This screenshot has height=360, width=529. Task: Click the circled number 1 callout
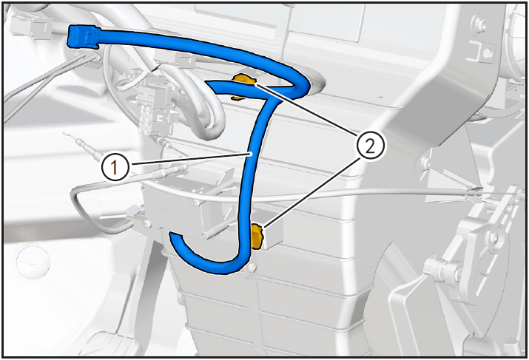click(x=115, y=167)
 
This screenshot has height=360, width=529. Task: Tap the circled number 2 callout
click(x=370, y=146)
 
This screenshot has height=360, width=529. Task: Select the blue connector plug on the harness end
click(x=83, y=36)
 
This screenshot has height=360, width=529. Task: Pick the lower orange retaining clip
click(x=257, y=237)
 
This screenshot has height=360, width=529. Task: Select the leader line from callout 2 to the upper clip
click(x=306, y=109)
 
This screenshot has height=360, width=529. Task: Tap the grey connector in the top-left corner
click(x=31, y=26)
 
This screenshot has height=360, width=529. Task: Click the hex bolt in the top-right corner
click(x=479, y=24)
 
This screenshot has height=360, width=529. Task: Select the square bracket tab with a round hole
click(x=481, y=52)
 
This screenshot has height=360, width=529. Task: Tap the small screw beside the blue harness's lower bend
click(x=251, y=268)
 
